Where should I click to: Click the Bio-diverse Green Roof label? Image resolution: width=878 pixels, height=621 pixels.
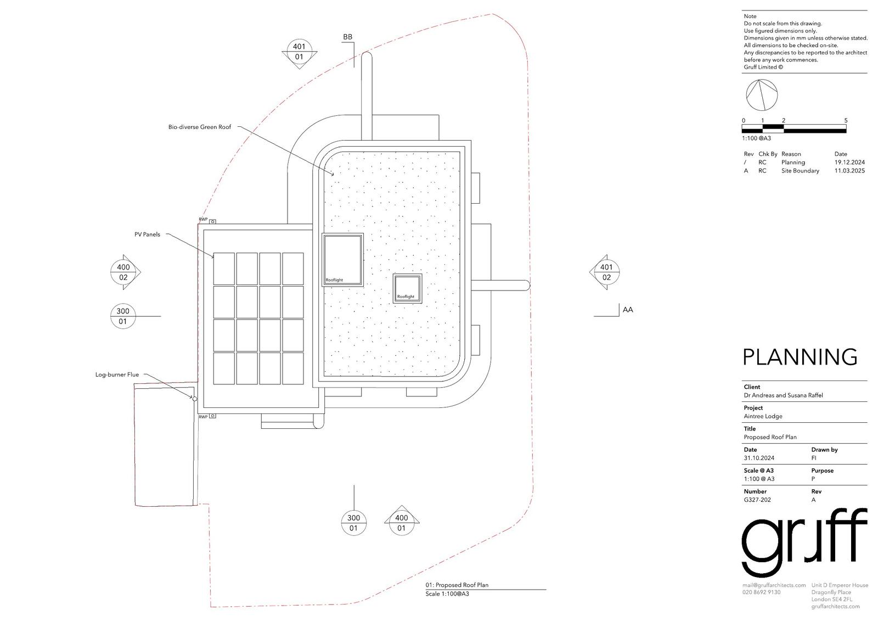coord(200,127)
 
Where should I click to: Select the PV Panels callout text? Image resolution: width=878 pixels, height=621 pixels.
coord(148,234)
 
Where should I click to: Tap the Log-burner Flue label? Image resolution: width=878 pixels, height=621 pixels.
coord(117,375)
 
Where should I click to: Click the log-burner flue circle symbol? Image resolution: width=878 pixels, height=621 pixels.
coord(194,399)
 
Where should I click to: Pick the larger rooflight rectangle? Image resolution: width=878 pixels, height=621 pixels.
coord(342,260)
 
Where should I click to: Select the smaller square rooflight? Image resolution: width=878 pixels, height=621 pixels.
coord(408,288)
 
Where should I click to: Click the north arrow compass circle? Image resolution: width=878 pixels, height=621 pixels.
coord(762,95)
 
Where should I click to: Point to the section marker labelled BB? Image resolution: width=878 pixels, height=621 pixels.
coord(348,37)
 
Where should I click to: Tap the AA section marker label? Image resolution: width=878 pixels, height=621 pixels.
coord(628,310)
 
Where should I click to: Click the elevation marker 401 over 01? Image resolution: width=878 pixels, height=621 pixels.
coord(299,52)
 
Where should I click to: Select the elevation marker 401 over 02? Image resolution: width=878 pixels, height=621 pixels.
coord(606,272)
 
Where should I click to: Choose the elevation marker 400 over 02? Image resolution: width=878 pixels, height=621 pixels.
coord(124,272)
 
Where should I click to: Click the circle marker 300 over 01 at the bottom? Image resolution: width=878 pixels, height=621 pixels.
coord(353,523)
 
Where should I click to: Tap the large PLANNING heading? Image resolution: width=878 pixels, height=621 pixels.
coord(800,357)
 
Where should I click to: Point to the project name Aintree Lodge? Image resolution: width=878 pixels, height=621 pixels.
coord(763,416)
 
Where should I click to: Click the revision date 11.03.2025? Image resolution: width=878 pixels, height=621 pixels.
coord(849,171)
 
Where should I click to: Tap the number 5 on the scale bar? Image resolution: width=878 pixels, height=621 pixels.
coord(846,120)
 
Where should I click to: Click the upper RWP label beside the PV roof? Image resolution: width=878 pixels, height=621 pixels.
coord(203,220)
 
